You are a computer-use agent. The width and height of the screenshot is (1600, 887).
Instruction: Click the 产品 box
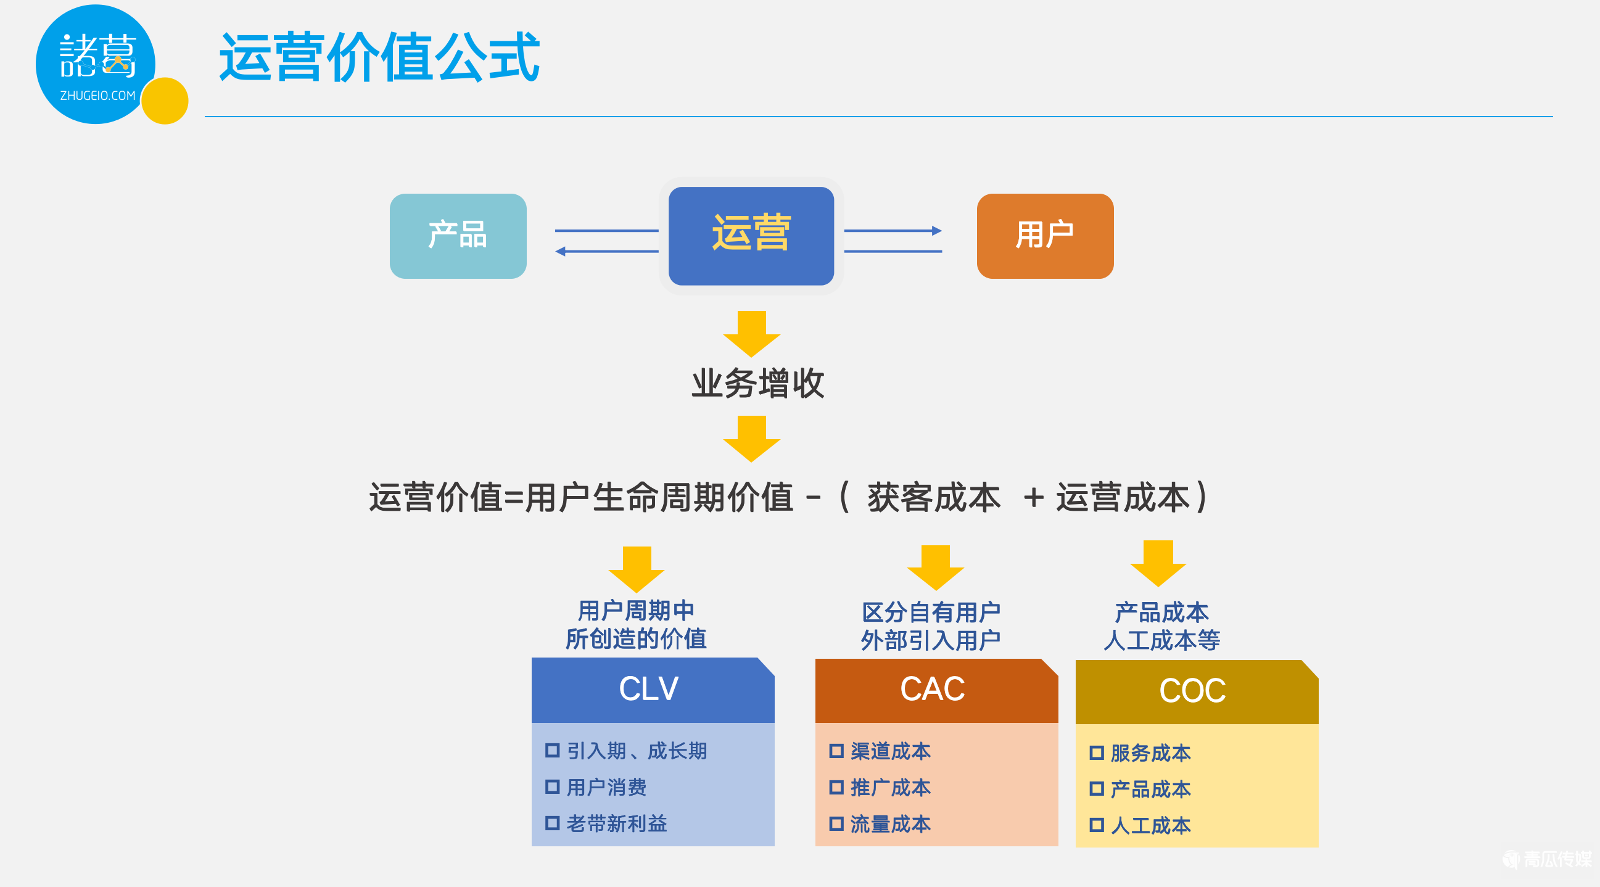pos(458,236)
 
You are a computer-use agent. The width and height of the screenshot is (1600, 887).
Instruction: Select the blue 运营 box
pos(750,236)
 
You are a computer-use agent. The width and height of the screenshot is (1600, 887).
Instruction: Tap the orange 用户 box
pos(1045,236)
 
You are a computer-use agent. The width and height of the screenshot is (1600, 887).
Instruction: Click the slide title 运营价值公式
pos(379,57)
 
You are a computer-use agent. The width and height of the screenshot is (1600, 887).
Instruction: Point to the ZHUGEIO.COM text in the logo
pos(97,96)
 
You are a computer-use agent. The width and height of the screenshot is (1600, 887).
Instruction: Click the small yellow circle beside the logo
pos(165,101)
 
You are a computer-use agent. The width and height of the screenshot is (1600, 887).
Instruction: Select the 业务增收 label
pos(758,383)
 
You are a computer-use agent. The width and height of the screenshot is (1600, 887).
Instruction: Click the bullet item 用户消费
pos(606,787)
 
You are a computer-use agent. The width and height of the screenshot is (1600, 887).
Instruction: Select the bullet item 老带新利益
pos(616,823)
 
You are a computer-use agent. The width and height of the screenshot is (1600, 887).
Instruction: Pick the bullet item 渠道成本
pos(890,751)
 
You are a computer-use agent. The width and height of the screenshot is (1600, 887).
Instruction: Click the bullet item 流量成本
pos(890,823)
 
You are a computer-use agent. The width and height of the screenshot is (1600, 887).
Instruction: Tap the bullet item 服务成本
pos(1150,753)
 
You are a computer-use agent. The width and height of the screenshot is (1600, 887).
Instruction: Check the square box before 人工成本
pos(1096,825)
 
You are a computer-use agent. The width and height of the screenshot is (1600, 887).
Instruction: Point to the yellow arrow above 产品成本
pos(1158,563)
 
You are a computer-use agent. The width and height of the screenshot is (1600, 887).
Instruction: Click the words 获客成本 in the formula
pos(934,498)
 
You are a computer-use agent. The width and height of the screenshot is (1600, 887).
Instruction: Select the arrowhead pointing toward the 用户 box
pos(937,231)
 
